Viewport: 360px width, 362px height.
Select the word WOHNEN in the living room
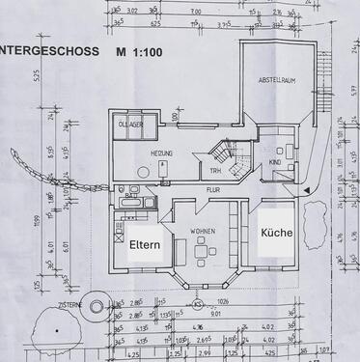pyautogui.click(x=204, y=233)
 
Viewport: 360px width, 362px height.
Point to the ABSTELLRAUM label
pyautogui.click(x=278, y=84)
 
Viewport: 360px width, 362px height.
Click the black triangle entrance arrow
pyautogui.click(x=306, y=193)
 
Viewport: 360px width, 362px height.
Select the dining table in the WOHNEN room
pyautogui.click(x=201, y=254)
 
